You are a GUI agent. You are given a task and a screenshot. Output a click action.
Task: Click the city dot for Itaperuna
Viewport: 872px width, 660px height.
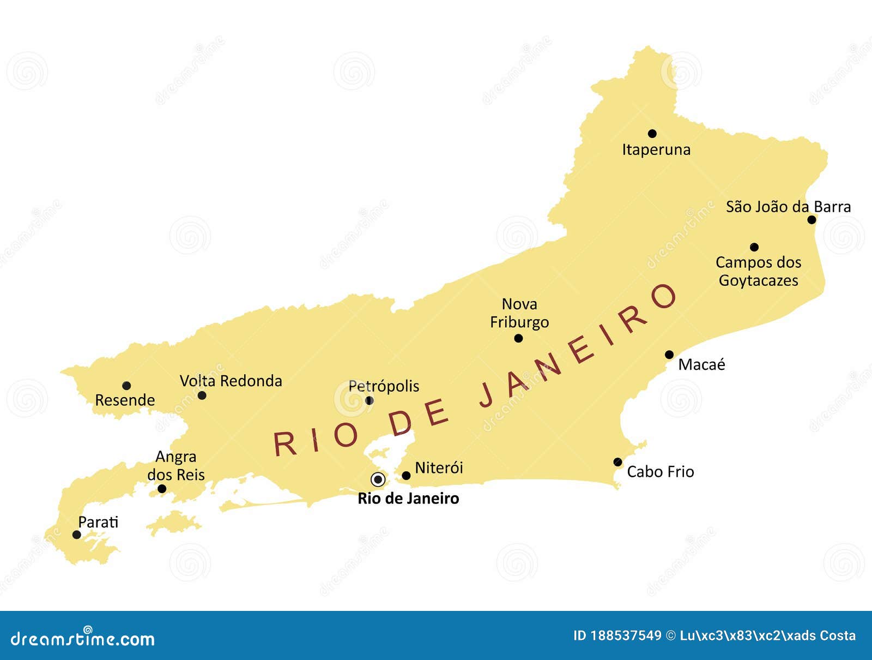(x=652, y=134)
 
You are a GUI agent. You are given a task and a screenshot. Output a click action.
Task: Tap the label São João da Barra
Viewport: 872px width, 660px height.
(x=788, y=207)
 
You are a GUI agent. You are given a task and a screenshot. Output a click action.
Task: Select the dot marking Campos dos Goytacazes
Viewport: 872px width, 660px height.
(x=754, y=247)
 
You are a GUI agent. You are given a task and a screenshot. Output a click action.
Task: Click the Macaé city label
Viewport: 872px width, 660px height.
(x=701, y=364)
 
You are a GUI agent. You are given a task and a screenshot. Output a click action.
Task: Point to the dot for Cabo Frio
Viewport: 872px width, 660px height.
(x=617, y=462)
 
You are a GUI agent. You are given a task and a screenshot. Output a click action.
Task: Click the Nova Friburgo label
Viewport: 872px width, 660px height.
(x=519, y=313)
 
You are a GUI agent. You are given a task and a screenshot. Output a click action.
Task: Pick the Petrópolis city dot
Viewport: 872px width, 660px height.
(x=369, y=400)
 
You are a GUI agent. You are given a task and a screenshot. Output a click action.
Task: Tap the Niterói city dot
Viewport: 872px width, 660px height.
(x=406, y=476)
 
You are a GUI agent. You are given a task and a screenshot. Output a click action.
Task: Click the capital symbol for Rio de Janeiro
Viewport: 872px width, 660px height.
(x=378, y=479)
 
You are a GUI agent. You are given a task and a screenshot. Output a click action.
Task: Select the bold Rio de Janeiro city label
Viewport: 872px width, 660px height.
(x=408, y=499)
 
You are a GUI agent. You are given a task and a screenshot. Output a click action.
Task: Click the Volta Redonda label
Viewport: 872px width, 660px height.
(x=231, y=381)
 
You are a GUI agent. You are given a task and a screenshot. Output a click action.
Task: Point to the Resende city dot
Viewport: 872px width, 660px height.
(x=126, y=386)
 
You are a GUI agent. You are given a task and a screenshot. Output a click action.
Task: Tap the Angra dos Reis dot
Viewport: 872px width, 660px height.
(x=162, y=489)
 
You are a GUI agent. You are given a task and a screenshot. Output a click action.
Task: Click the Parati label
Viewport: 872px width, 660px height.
(x=98, y=522)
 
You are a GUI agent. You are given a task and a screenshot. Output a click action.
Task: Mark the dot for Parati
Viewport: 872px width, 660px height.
(x=77, y=535)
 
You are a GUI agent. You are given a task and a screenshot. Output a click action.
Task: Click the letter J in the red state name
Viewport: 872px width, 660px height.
(x=487, y=397)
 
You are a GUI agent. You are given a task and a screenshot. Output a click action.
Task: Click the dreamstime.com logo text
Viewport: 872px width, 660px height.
(x=83, y=639)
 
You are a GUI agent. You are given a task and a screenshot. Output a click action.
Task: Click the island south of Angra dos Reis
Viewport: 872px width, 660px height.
(x=173, y=523)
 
